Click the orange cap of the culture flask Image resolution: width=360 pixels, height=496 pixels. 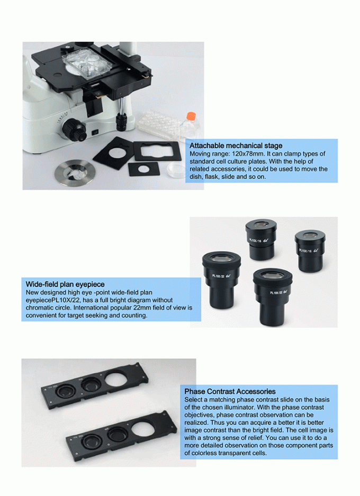tap(187, 114)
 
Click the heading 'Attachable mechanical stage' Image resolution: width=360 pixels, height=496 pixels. tap(236, 146)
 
